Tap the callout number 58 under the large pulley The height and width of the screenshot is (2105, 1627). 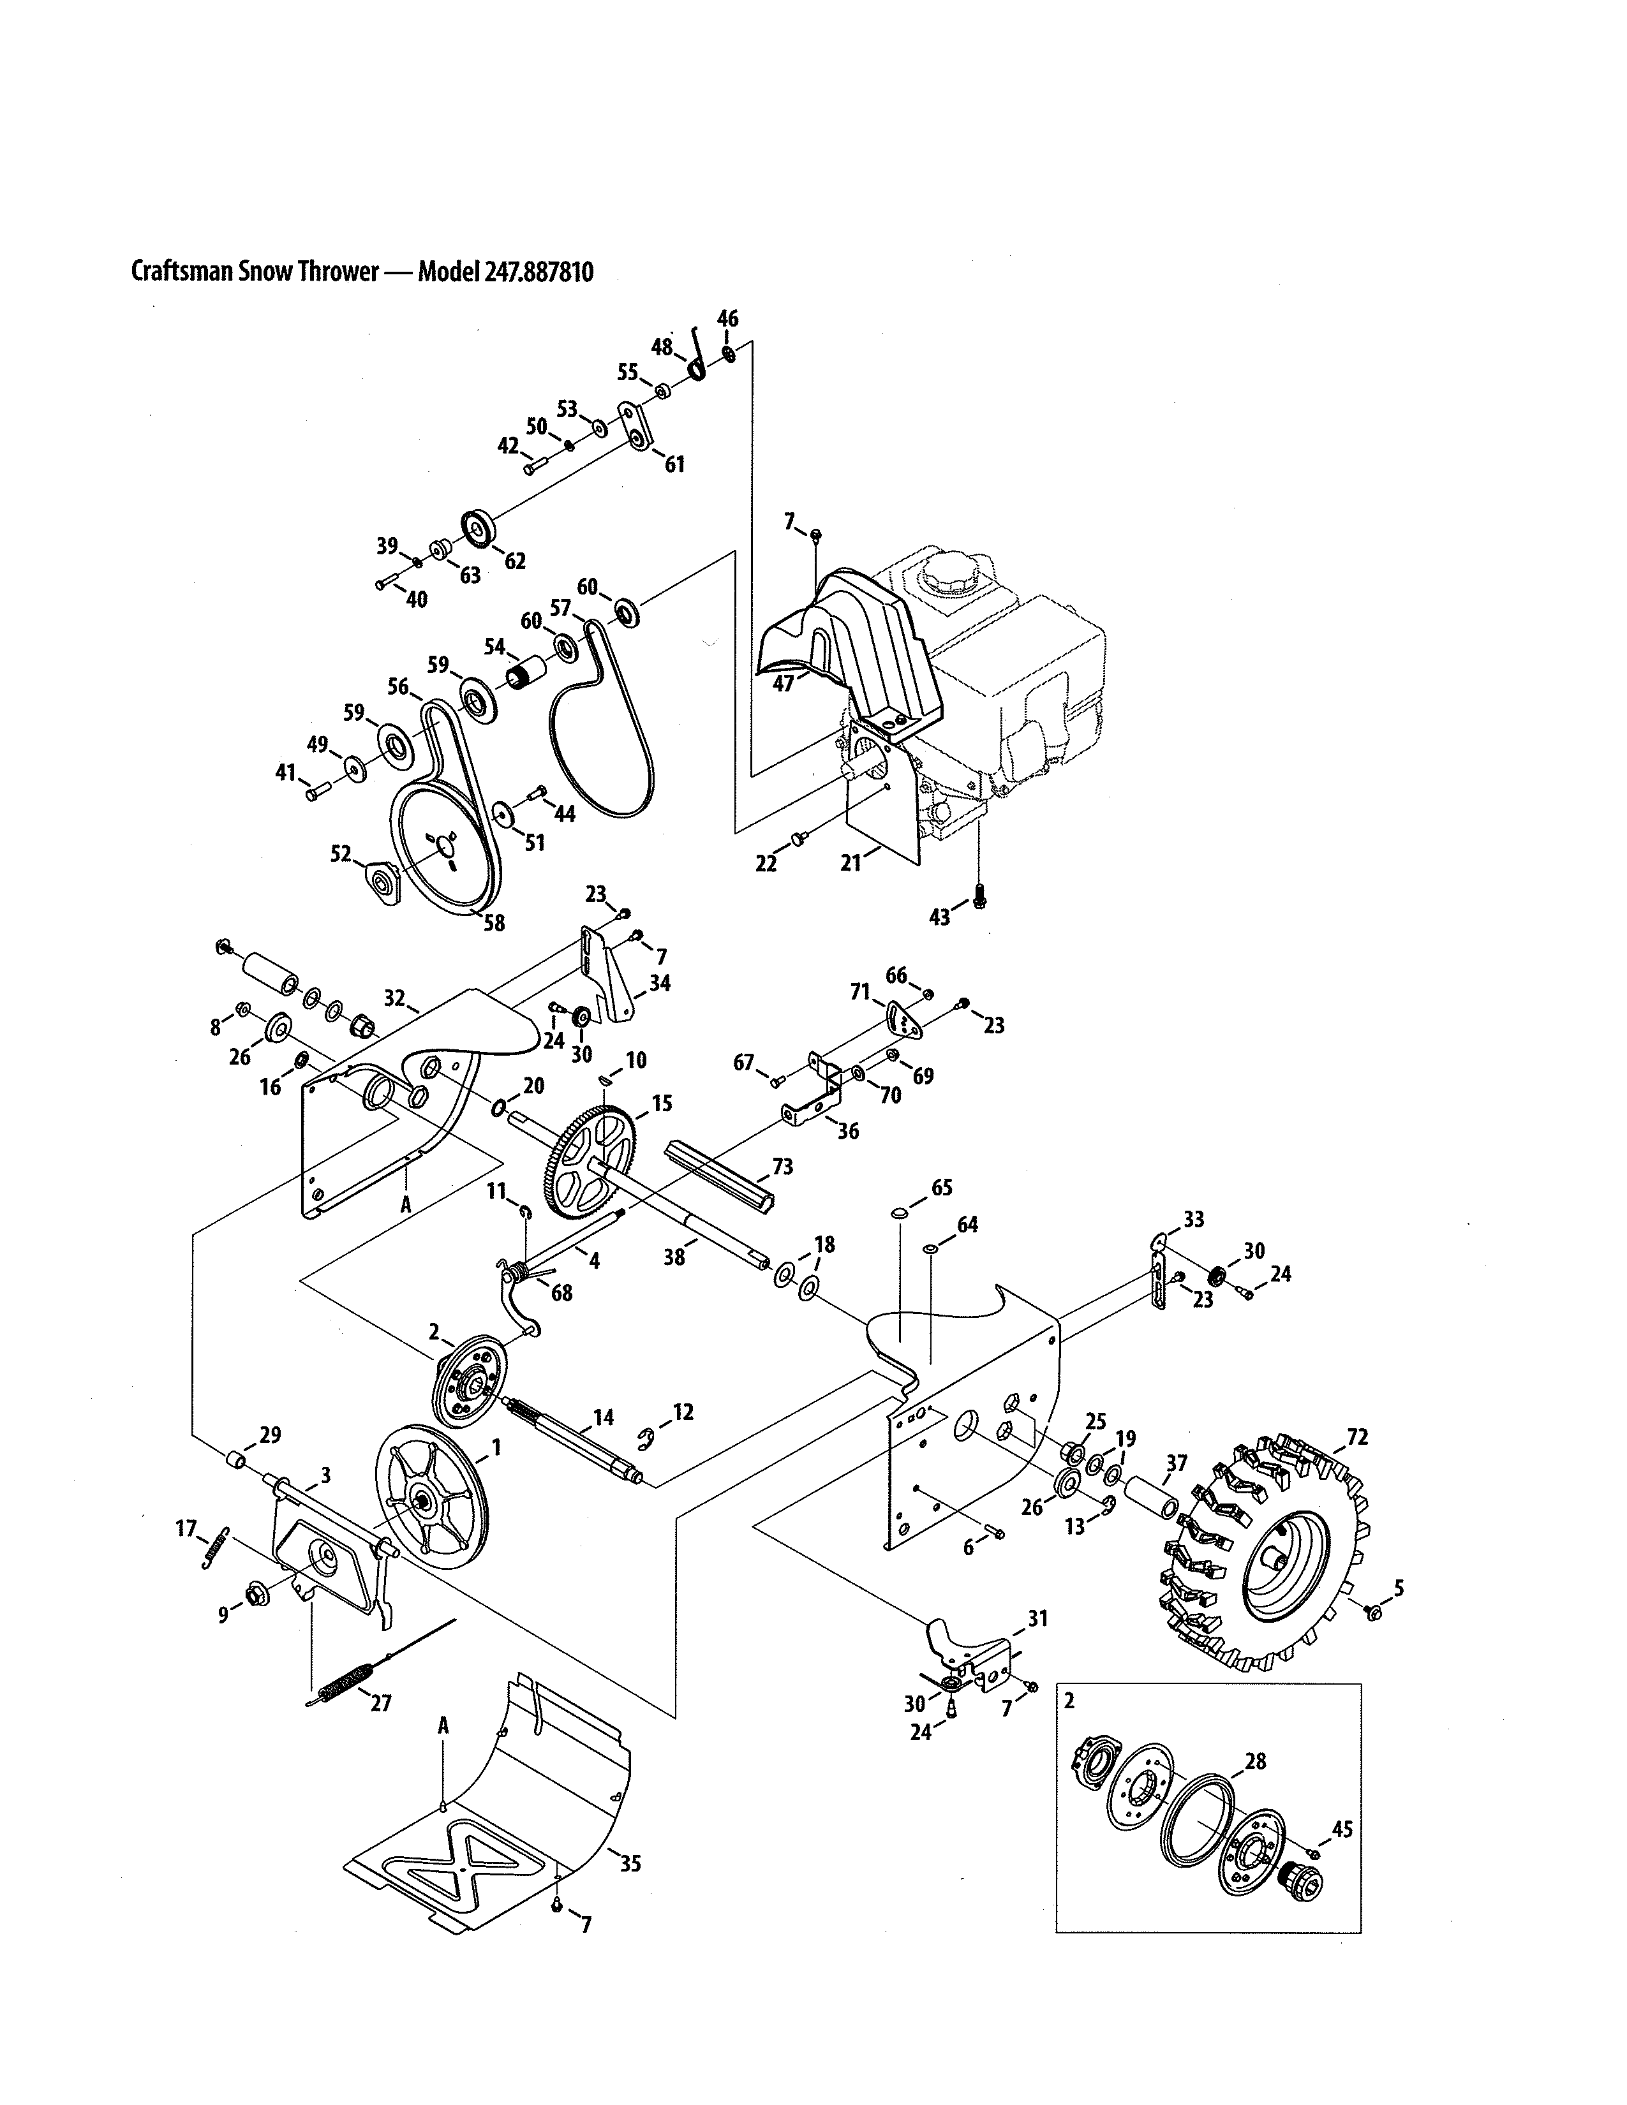click(x=493, y=924)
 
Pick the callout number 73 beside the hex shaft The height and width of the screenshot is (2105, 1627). click(x=783, y=1167)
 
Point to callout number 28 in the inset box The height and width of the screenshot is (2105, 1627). click(x=1255, y=1762)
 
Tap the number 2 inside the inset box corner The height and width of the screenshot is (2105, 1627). click(x=1069, y=1701)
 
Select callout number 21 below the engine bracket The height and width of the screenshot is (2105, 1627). click(x=850, y=864)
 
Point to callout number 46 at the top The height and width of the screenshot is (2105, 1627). click(x=728, y=319)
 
